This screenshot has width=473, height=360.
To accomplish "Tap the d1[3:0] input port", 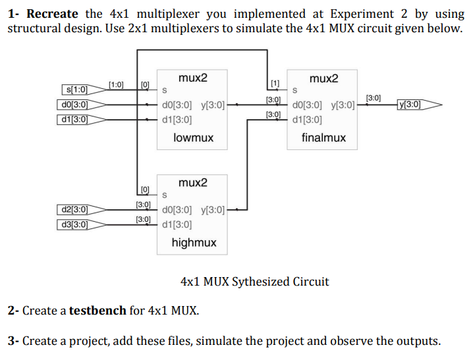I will click(x=74, y=120).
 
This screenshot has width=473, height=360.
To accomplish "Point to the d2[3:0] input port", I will click(x=74, y=210).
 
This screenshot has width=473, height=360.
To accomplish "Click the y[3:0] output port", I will click(x=413, y=104).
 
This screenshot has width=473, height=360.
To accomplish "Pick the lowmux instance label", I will click(x=193, y=138).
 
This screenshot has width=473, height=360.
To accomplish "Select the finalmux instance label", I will click(x=323, y=138).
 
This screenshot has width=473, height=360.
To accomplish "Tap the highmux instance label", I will click(x=194, y=243).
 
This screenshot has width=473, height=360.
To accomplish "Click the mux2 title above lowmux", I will click(x=193, y=78).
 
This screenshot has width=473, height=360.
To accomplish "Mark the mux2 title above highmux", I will click(x=193, y=182).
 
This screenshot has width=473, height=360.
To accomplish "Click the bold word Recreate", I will click(x=52, y=14).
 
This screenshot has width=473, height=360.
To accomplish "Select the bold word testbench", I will click(x=97, y=311).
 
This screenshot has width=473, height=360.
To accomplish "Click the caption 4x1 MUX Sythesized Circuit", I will click(x=254, y=282).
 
